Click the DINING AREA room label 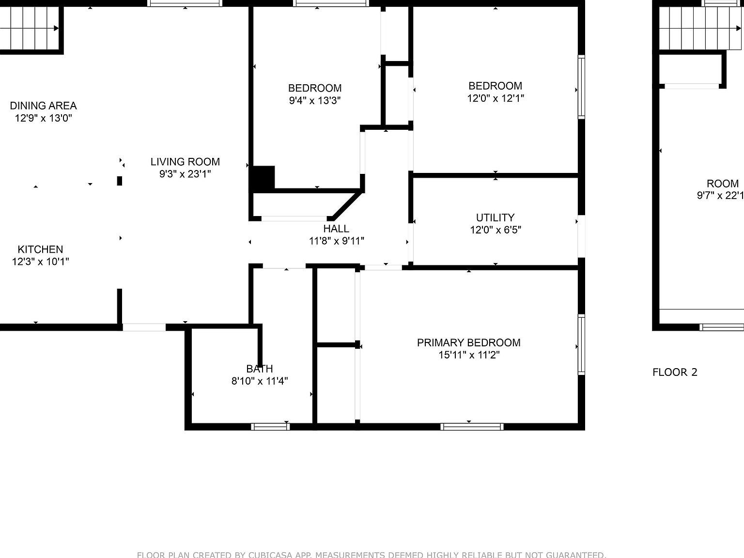(43, 106)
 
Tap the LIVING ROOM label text (185, 162)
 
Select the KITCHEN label (40, 249)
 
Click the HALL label (336, 229)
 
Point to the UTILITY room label (495, 217)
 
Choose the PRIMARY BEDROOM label (468, 343)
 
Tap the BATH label (260, 369)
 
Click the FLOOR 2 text (675, 372)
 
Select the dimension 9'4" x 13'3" (315, 101)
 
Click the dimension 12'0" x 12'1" (495, 98)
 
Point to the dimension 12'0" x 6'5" (495, 230)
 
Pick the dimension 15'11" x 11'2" (468, 355)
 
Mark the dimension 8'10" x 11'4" (260, 381)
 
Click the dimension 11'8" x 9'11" (336, 241)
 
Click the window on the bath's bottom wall (270, 427)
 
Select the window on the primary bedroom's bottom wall (472, 427)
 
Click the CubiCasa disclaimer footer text (372, 555)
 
